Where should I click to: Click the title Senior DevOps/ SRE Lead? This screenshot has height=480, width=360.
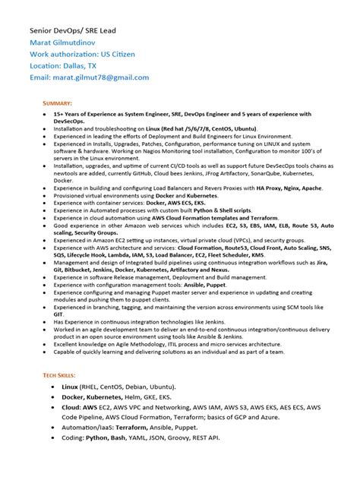tap(75, 30)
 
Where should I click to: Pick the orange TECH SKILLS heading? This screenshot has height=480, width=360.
tap(61, 376)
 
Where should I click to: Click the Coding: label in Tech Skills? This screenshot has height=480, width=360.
tap(74, 439)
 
